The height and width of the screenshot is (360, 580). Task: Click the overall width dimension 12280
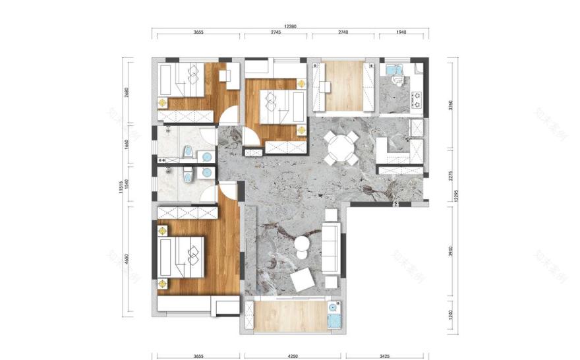click(x=291, y=26)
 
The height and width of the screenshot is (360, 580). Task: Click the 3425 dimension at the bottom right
click(x=386, y=357)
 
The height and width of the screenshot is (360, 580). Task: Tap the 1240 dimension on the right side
click(x=453, y=315)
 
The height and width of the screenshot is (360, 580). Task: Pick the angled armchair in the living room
click(x=303, y=280)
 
